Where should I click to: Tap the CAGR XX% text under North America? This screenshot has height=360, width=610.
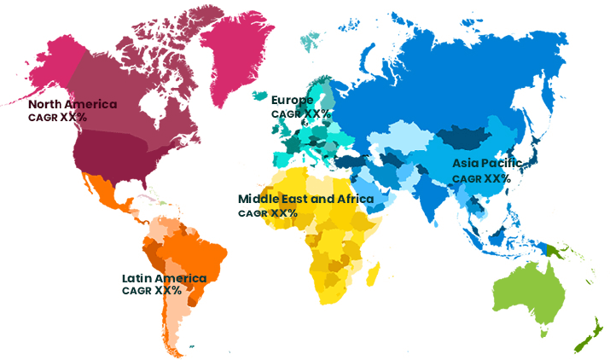[x=57, y=118]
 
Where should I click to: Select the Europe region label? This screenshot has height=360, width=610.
[x=293, y=100]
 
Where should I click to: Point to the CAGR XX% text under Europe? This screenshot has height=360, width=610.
[x=301, y=113]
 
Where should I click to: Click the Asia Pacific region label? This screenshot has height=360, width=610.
[x=491, y=164]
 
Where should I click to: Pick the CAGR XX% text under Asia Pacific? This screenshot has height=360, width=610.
[x=481, y=179]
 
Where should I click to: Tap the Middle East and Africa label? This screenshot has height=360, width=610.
[x=305, y=199]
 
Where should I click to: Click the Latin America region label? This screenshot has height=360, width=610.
[x=164, y=278]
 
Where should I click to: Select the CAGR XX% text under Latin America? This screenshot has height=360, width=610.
[x=152, y=290]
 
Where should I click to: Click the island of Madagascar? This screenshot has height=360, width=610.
[x=374, y=271]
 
